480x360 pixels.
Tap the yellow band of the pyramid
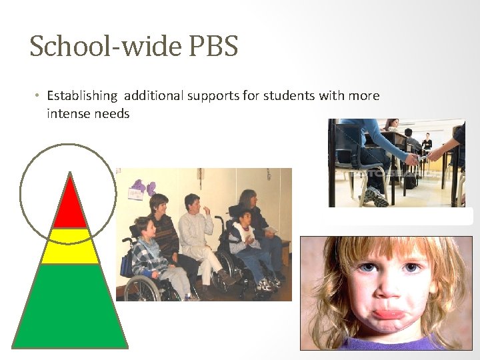(69, 246)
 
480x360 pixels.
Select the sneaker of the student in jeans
(377, 197)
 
